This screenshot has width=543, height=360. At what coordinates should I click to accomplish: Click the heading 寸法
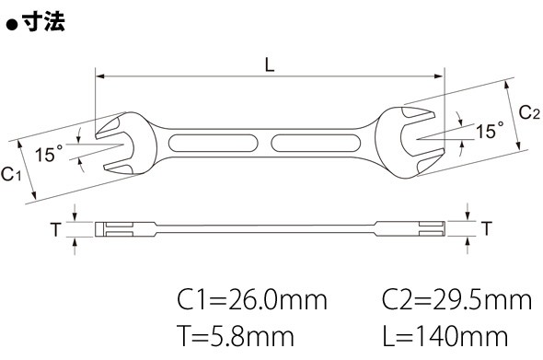pos(43,22)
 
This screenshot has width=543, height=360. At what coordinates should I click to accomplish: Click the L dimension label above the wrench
pos(270,64)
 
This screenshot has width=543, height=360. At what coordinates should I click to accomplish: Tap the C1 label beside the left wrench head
pos(11,174)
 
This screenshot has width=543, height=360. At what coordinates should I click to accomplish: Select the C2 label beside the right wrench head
pos(529,112)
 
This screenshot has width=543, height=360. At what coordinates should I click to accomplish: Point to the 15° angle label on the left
pos(49,154)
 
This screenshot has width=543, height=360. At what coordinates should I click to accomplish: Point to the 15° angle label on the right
pos(490,131)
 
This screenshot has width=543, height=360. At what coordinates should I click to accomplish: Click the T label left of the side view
pos(55,229)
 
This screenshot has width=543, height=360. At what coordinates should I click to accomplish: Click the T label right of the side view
pos(487,228)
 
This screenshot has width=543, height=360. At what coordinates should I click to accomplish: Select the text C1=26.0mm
pos(252,300)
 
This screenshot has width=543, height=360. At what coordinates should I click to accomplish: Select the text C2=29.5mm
pos(456,300)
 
